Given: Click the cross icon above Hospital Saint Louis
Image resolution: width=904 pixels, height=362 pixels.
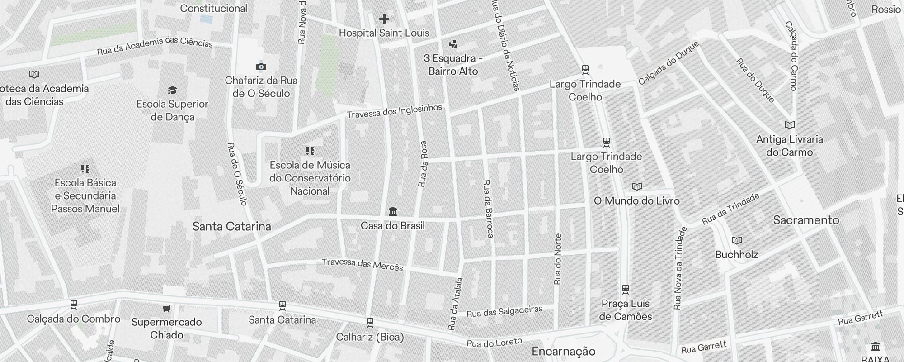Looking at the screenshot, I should [x=384, y=19].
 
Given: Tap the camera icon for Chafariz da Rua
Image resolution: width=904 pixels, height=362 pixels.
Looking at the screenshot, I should [x=261, y=67].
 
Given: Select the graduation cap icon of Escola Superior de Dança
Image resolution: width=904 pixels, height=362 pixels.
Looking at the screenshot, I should [x=172, y=90].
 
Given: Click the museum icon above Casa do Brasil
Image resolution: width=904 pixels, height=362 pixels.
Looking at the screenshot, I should [x=392, y=211].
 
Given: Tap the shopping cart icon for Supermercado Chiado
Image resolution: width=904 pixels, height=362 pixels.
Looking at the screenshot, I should [x=166, y=309].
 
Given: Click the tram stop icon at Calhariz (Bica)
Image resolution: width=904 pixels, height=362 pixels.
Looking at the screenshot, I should [x=370, y=323].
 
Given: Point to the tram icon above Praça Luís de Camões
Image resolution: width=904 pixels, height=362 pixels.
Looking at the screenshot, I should [x=626, y=289].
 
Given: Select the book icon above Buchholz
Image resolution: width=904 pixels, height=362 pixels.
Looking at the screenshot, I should [x=736, y=241].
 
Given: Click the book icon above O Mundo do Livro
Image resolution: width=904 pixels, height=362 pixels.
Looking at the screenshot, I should [x=636, y=186].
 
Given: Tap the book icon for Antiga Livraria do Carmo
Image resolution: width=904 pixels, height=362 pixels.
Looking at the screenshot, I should [x=789, y=125].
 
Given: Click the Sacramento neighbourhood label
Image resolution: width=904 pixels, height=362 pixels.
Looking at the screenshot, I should [x=806, y=220].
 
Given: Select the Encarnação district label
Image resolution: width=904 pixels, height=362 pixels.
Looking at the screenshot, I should [x=563, y=352].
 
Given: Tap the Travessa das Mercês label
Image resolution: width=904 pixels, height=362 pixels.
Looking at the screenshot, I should [x=362, y=264].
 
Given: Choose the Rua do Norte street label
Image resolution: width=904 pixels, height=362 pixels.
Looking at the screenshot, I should [x=558, y=259].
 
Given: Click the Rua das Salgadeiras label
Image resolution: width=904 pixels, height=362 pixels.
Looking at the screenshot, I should [x=504, y=311].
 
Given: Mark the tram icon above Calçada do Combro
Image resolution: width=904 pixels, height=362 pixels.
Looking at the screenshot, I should [x=73, y=305].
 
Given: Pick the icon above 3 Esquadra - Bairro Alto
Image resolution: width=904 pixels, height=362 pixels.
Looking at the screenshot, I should [x=453, y=44].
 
